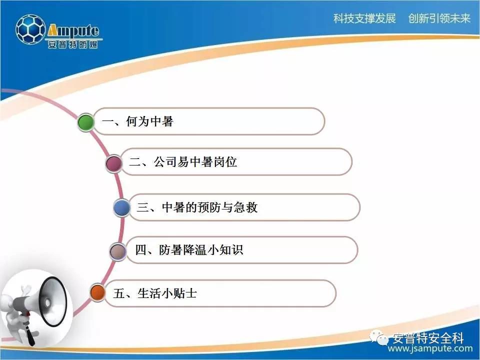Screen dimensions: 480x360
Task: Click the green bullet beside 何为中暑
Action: (86, 122)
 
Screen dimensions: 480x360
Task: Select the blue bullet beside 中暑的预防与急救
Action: (122, 208)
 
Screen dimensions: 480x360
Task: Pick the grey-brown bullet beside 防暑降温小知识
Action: (118, 251)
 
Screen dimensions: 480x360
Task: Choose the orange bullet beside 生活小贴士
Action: (98, 292)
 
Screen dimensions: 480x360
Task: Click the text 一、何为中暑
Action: (138, 121)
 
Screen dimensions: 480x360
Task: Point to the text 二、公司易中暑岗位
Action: (183, 162)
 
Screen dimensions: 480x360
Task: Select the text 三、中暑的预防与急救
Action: (197, 207)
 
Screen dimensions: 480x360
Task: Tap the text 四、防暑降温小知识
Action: (189, 250)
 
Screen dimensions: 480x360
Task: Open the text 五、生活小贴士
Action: (155, 293)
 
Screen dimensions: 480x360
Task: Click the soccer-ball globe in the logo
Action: (30, 29)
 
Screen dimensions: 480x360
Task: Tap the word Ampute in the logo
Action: (73, 30)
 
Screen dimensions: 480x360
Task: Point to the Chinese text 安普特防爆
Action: (73, 44)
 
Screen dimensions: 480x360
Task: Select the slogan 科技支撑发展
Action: (364, 18)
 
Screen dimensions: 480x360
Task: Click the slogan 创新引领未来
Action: (439, 18)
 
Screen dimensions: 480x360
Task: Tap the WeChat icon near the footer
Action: (379, 337)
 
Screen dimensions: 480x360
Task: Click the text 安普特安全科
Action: (428, 338)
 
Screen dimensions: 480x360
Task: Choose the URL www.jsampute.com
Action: (430, 348)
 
